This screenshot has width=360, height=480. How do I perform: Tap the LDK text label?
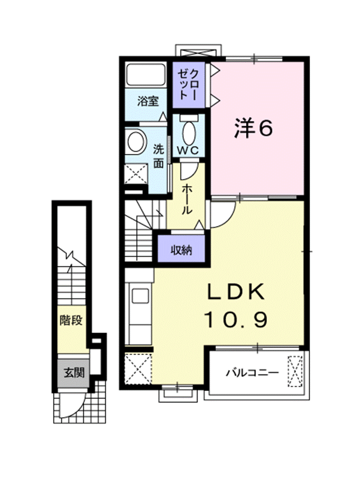[x=236, y=291]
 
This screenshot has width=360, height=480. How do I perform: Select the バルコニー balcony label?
[x=252, y=372]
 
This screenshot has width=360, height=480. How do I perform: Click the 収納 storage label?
[x=181, y=250]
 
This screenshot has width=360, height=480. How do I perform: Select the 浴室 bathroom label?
[x=148, y=100]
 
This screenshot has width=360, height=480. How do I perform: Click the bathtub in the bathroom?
[x=145, y=74]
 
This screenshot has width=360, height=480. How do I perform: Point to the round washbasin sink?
[x=135, y=141]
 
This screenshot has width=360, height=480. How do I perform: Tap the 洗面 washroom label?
[x=158, y=156]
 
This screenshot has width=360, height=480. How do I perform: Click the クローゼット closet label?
[x=188, y=84]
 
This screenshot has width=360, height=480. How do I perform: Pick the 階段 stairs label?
[x=71, y=320]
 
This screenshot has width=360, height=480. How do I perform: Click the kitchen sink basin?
[x=140, y=296]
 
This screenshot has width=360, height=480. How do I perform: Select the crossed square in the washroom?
[x=136, y=173]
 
